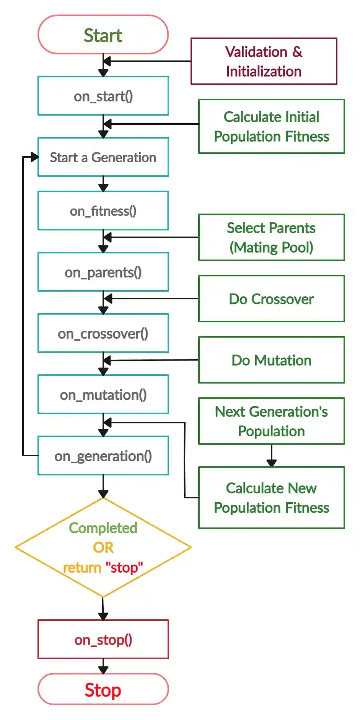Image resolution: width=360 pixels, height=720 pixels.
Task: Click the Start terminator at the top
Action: [103, 35]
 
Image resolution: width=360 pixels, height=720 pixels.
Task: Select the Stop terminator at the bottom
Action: [103, 689]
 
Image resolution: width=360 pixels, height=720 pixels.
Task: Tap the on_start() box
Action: [103, 96]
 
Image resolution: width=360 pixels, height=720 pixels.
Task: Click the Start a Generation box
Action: [103, 157]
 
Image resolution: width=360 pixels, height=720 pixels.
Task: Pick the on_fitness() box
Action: [103, 211]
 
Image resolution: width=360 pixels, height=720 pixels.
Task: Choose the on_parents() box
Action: [103, 272]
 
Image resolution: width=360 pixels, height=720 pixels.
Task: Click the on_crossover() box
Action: [103, 333]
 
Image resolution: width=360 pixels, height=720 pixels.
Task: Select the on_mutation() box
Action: [103, 394]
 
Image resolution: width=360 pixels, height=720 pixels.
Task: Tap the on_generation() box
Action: [103, 456]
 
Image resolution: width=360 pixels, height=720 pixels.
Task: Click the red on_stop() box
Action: [103, 639]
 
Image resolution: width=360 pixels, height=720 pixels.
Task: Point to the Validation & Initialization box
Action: [264, 61]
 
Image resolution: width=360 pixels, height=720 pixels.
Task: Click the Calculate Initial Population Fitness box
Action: [271, 126]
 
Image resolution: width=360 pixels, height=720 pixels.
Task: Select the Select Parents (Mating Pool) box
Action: [271, 237]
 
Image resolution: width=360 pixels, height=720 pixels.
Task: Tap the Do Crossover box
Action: [271, 299]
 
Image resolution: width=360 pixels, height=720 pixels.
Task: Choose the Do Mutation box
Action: [271, 360]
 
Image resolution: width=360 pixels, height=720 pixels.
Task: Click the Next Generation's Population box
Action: [271, 421]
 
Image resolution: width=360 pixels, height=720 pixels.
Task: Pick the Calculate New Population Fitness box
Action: [271, 498]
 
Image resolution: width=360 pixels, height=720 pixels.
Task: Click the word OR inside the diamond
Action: [103, 547]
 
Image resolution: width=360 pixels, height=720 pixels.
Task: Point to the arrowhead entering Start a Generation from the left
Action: [35, 157]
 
